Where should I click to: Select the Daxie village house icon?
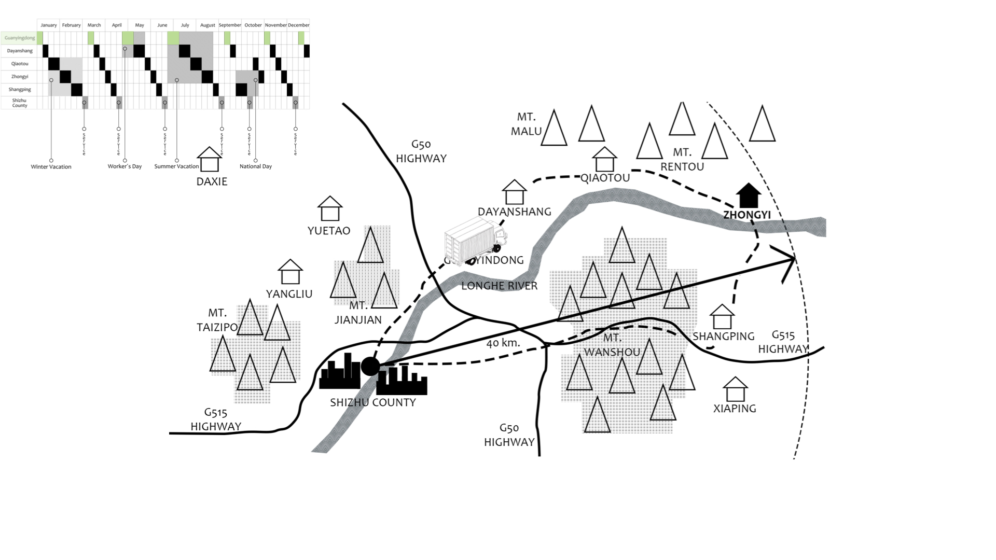(210, 159)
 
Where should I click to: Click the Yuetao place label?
(329, 231)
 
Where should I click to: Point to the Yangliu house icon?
(290, 272)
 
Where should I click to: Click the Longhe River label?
(499, 286)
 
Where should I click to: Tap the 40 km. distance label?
(503, 343)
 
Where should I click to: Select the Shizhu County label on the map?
(373, 402)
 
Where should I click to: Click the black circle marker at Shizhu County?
(370, 366)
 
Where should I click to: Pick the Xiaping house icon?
(735, 389)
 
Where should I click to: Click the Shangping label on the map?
(723, 336)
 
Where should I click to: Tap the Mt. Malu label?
(526, 124)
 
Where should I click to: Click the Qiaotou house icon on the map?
(604, 159)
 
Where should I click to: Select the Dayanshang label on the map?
(514, 212)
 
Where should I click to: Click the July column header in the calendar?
(185, 25)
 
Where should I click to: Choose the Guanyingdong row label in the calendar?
(19, 38)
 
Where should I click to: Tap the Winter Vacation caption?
(51, 167)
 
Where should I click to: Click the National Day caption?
(255, 166)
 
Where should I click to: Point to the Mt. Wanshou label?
(612, 345)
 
